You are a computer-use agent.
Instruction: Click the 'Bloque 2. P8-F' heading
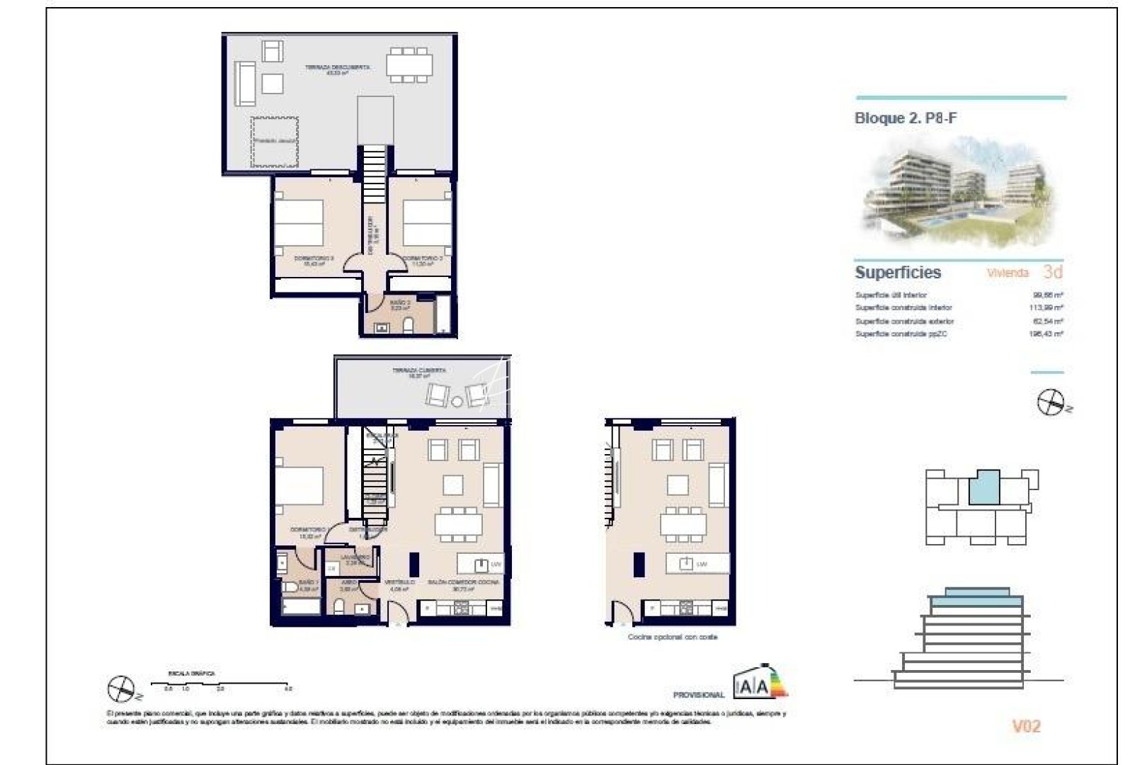[x=906, y=118]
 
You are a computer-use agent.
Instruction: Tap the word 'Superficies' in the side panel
[x=898, y=272]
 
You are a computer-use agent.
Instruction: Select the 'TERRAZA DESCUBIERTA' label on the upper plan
[x=337, y=67]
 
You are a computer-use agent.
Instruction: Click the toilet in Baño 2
[x=409, y=325]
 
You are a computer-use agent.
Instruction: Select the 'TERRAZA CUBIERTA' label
[x=420, y=370]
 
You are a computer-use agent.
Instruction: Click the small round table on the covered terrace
[x=457, y=402]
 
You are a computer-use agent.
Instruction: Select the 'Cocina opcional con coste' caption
[x=673, y=637]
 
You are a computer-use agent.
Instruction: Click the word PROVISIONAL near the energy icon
[x=699, y=696]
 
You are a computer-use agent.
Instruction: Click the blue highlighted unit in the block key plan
[x=984, y=487]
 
